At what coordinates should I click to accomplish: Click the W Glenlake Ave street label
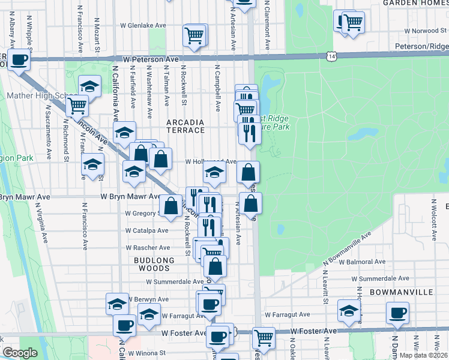[x=143, y=26]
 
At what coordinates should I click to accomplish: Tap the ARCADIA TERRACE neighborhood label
[x=185, y=126]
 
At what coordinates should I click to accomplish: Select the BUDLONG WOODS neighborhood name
[x=154, y=265]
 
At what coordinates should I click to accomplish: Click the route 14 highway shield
[x=332, y=56]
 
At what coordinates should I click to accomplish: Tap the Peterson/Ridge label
[x=421, y=46]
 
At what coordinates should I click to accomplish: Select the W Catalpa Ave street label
[x=146, y=230]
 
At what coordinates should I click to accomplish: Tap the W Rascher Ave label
[x=148, y=248]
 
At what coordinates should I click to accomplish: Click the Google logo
[x=20, y=353]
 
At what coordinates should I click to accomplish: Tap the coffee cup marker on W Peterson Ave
[x=19, y=59]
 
